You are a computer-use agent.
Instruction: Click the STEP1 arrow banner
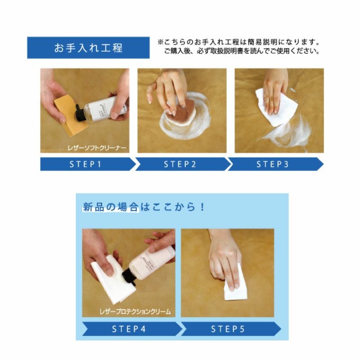[x=85, y=164]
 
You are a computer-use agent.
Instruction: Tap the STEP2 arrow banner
[x=180, y=164]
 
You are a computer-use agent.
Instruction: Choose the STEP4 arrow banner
[x=129, y=329]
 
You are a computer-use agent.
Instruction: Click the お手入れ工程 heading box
[x=88, y=48]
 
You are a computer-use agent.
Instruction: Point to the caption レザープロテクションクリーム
[x=135, y=311]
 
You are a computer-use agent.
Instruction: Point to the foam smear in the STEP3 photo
[x=288, y=133]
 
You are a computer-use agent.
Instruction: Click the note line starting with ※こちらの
[x=238, y=42]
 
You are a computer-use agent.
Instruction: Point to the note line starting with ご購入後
[x=242, y=51]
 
